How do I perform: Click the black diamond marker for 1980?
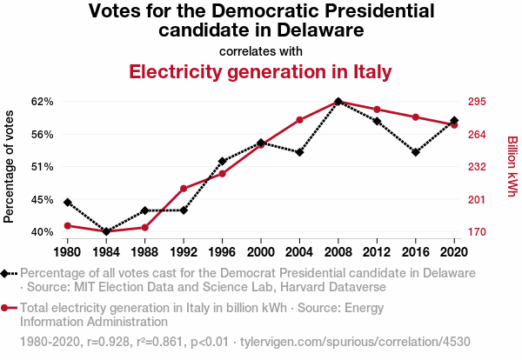pyautogui.click(x=68, y=203)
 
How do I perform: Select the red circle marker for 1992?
pyautogui.click(x=184, y=189)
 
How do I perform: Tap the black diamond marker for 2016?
pyautogui.click(x=416, y=152)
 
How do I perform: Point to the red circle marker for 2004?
pyautogui.click(x=299, y=120)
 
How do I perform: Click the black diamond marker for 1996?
pyautogui.click(x=223, y=161)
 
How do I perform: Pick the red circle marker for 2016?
pyautogui.click(x=416, y=117)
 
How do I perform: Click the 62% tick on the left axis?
pyautogui.click(x=42, y=102)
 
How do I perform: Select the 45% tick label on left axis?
pyautogui.click(x=42, y=199)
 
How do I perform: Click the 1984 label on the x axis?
pyautogui.click(x=106, y=252)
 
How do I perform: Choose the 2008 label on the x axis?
pyautogui.click(x=338, y=252)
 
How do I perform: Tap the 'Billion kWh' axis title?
pyautogui.click(x=512, y=166)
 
